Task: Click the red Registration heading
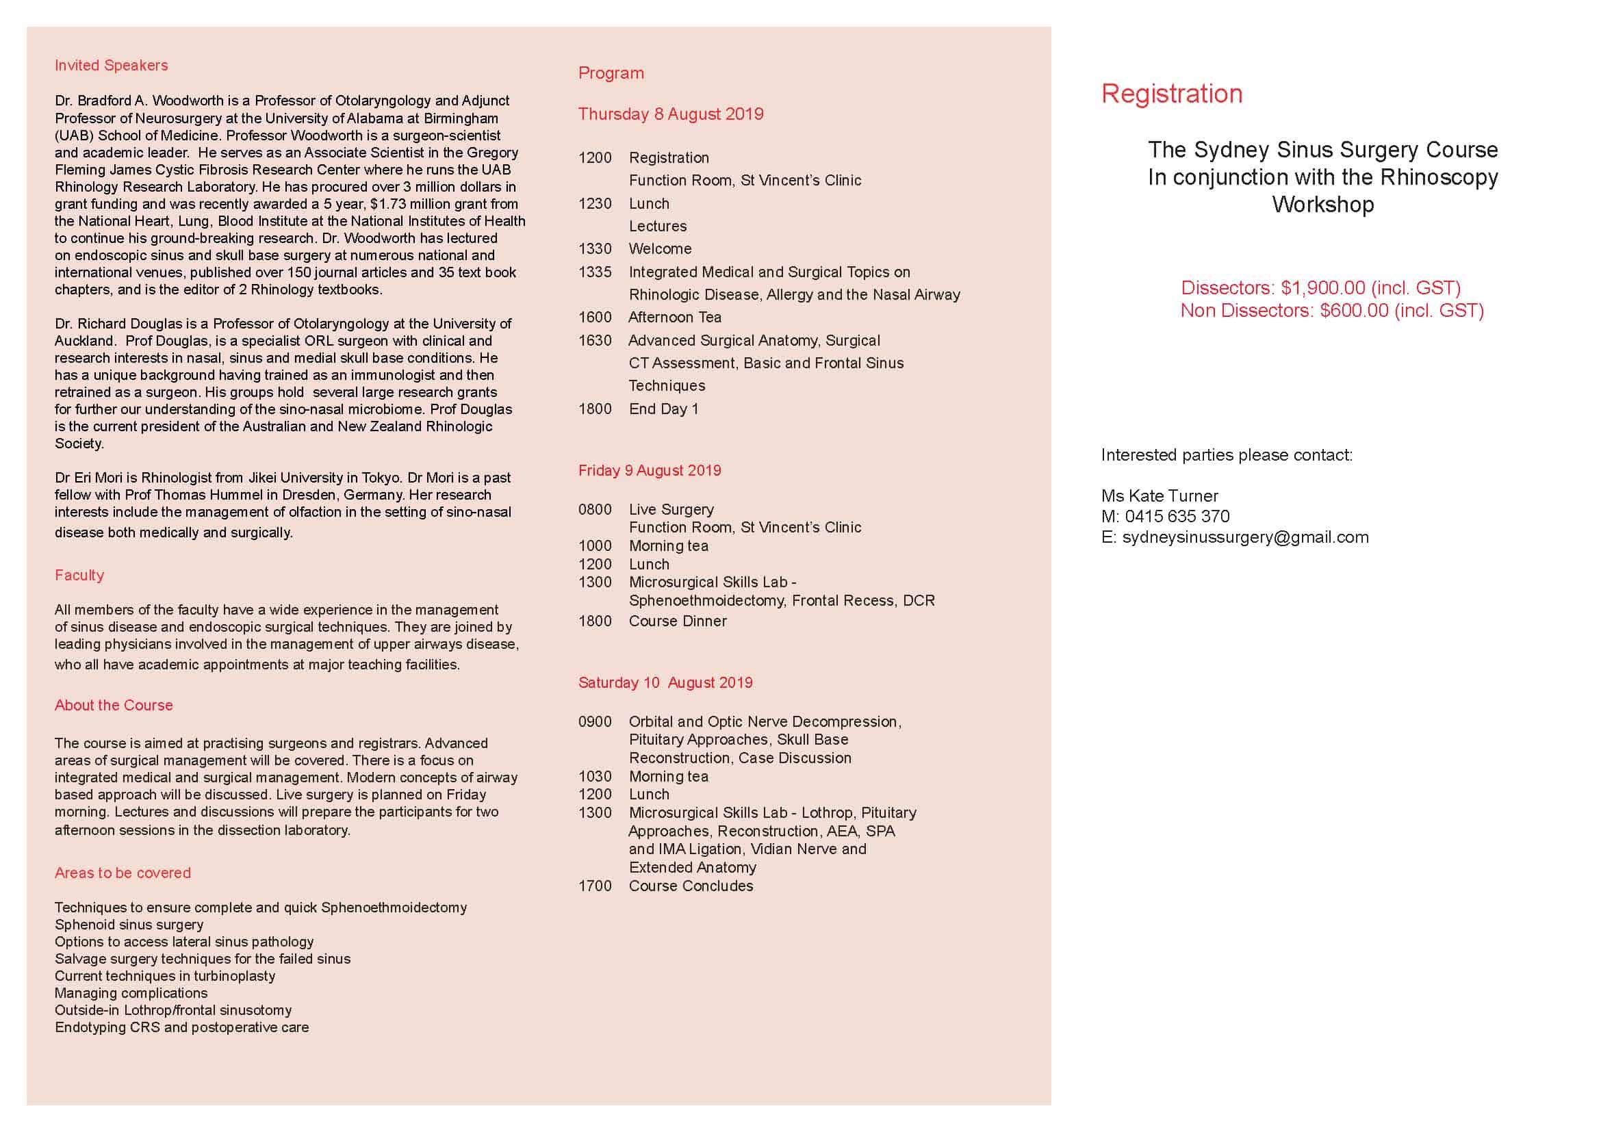(x=1171, y=94)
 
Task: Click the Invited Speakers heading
(x=112, y=66)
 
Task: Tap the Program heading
(x=611, y=73)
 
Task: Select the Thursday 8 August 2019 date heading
(x=671, y=114)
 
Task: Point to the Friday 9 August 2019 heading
(x=649, y=470)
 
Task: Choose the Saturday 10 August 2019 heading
(x=665, y=682)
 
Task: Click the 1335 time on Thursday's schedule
(x=595, y=272)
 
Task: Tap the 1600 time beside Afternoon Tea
(x=595, y=317)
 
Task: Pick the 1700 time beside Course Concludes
(x=595, y=886)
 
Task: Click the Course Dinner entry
(x=678, y=621)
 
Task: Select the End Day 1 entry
(x=663, y=409)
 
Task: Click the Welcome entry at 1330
(x=660, y=249)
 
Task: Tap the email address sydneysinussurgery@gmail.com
(x=1245, y=537)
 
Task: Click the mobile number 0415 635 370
(x=1177, y=517)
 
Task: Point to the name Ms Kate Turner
(x=1160, y=496)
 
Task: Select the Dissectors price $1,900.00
(x=1323, y=288)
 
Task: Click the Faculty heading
(x=79, y=575)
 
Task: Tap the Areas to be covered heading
(x=123, y=873)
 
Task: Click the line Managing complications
(x=131, y=993)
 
